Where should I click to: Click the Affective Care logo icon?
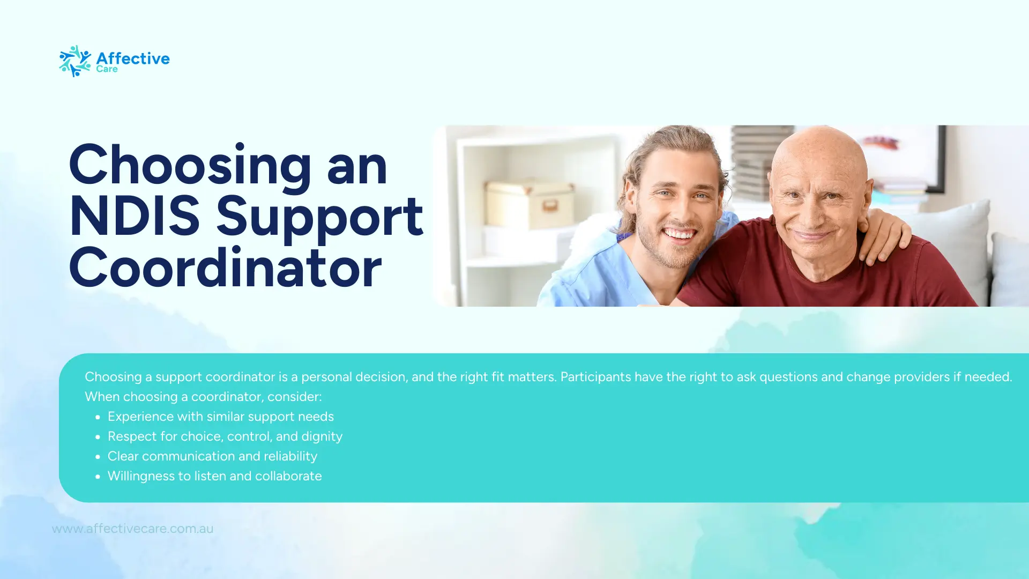tap(74, 61)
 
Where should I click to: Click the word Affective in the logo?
tap(133, 58)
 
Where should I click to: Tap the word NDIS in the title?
tap(135, 216)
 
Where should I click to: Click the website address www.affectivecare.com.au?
tap(132, 529)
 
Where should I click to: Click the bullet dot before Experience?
tap(98, 417)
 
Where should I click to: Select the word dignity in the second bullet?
tap(322, 436)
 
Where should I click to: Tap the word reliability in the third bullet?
tap(290, 456)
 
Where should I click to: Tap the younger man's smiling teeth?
tap(680, 234)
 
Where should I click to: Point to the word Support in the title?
tap(319, 216)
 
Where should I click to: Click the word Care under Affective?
tap(107, 69)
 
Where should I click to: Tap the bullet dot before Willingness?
tap(98, 477)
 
